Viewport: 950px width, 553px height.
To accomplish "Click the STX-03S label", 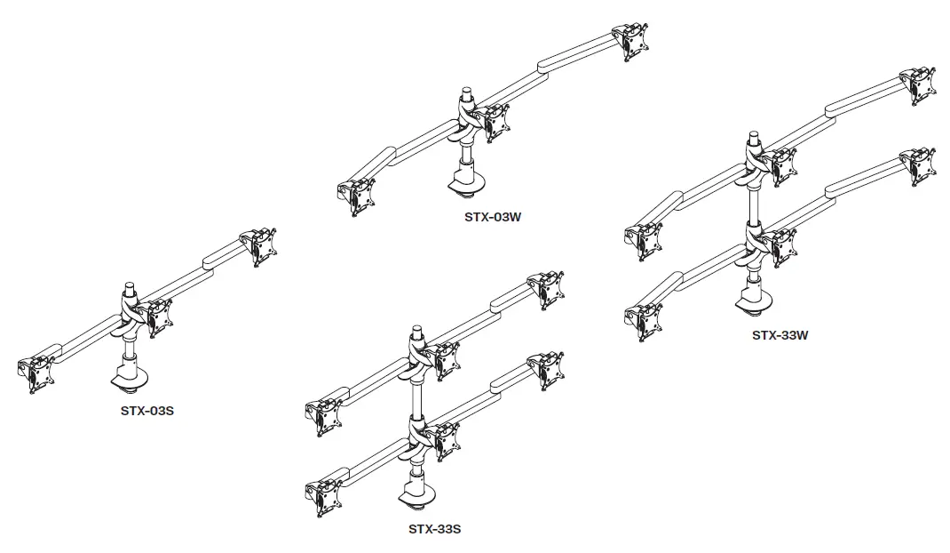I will coord(146,411).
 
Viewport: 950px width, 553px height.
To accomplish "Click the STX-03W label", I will coord(492,216).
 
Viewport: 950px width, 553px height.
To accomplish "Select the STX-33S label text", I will coord(434,529).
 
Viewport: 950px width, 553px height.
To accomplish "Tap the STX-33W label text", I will coord(780,335).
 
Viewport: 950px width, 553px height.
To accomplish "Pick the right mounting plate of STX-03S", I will coord(260,246).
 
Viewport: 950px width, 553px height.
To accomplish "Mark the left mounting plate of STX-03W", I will coord(357,198).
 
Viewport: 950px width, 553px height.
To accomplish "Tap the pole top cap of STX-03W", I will coord(465,92).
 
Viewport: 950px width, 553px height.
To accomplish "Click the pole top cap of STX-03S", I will coord(130,289).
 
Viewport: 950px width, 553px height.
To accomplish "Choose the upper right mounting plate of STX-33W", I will coord(916,84).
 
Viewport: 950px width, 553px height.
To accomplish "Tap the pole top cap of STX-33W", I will coord(753,139).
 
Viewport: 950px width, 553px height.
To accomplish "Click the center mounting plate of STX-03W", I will coord(497,122).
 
